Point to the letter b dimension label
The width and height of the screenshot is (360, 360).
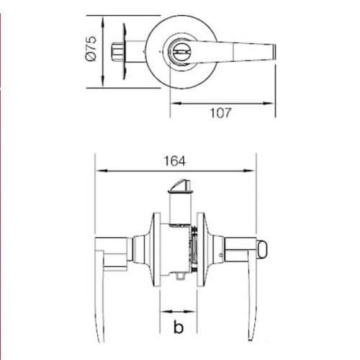click(177, 330)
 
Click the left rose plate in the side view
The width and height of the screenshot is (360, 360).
click(153, 248)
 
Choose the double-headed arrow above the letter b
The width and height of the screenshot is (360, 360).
click(177, 314)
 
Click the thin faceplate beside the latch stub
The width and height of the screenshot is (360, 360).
click(127, 52)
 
